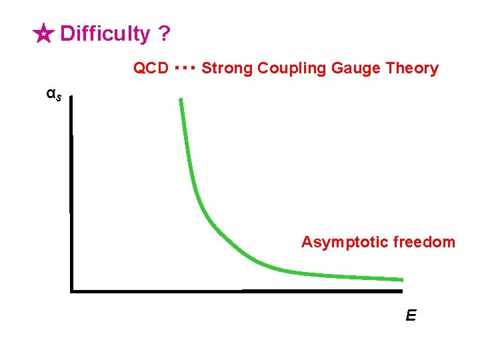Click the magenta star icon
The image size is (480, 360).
(43, 34)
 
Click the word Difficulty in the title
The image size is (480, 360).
(105, 33)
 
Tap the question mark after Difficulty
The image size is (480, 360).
(164, 33)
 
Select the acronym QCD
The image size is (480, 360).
(151, 68)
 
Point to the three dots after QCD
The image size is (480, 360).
(184, 67)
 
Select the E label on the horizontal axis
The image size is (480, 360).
(411, 315)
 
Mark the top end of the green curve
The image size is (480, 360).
(180, 100)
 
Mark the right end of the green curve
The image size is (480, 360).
(402, 279)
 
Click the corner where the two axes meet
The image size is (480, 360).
(71, 291)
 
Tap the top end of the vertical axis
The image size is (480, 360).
(70, 98)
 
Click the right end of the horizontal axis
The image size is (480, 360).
(402, 291)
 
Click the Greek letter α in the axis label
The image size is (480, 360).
(50, 93)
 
